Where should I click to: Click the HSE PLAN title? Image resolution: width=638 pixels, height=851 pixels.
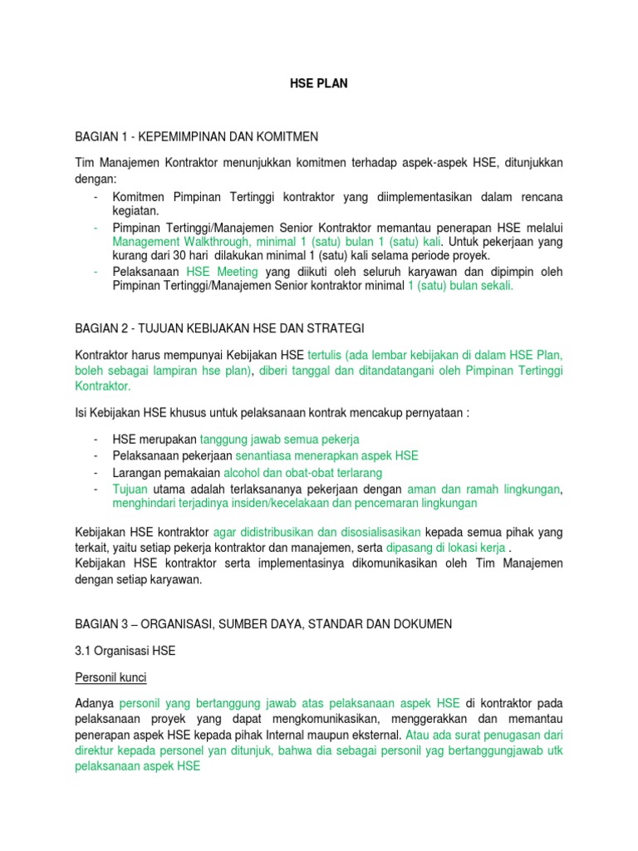coord(318,83)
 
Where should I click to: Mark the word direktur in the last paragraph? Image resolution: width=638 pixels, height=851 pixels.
coord(99,752)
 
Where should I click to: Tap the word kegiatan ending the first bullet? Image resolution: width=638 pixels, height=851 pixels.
coord(136,211)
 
